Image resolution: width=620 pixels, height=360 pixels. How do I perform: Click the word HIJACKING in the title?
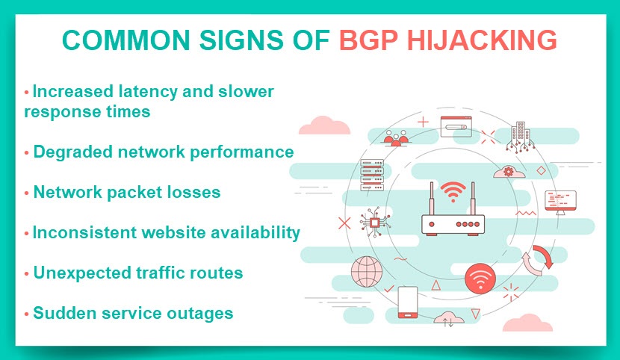[x=482, y=40]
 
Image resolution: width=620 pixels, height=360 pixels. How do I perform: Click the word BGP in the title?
[x=368, y=40]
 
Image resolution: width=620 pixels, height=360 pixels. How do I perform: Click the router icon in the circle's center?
[x=453, y=208]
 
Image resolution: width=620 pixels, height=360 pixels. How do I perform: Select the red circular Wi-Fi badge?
[x=480, y=279]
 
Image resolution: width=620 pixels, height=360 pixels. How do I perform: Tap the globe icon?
[x=367, y=272]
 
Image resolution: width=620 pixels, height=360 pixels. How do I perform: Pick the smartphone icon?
[x=408, y=302]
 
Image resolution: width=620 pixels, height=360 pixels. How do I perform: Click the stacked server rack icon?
[x=372, y=175]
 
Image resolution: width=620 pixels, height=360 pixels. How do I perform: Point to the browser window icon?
[x=456, y=126]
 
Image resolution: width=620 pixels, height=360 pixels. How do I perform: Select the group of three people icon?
[x=395, y=138]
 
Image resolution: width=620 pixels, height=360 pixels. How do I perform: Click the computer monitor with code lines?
[x=560, y=202]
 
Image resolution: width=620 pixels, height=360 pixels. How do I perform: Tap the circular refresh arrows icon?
[x=537, y=261]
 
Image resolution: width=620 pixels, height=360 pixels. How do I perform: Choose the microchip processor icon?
[x=375, y=222]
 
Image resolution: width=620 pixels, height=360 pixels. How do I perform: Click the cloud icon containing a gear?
[x=509, y=172]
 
